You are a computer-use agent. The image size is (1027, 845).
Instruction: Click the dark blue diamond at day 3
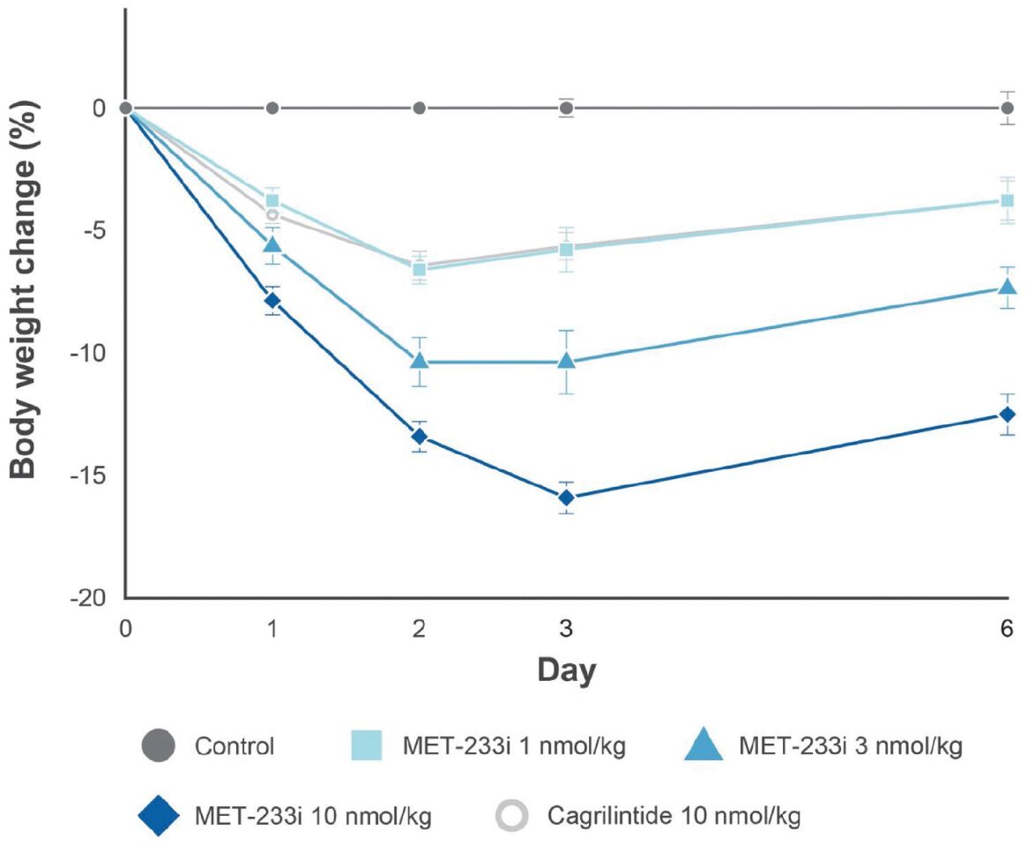[x=566, y=497]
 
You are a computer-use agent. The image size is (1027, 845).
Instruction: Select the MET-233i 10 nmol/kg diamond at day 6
[x=1007, y=415]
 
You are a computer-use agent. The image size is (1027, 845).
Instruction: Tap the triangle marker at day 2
[x=420, y=361]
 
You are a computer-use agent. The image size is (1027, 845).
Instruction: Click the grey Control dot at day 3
[x=566, y=108]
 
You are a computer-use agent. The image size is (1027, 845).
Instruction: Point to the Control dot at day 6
[x=1007, y=108]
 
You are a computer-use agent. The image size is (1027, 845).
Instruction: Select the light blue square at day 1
[x=273, y=201]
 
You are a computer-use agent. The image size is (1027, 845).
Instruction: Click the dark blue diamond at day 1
[x=273, y=301]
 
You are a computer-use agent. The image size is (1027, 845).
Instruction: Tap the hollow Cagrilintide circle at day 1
[x=272, y=214]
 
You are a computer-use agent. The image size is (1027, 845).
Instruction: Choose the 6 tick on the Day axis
[x=1007, y=629]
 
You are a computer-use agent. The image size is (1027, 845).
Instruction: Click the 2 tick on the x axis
[x=420, y=629]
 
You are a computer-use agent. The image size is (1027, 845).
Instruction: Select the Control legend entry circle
[x=159, y=746]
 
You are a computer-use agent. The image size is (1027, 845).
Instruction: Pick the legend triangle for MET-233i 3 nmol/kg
[x=705, y=745]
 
